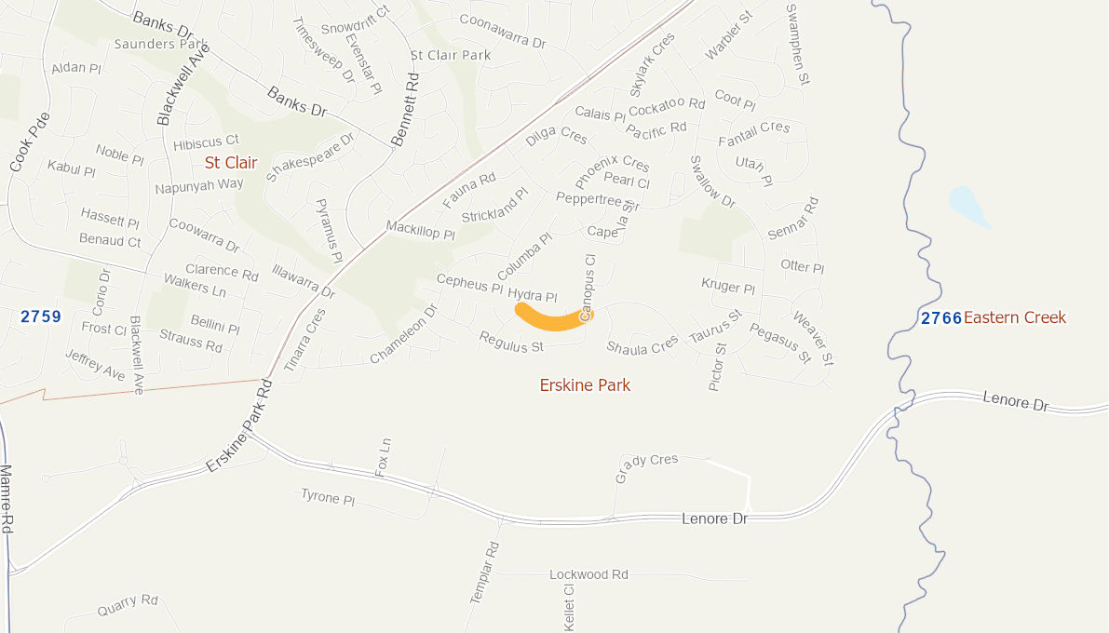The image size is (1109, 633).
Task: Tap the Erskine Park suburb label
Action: pyautogui.click(x=585, y=384)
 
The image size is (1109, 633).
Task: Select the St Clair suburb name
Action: pyautogui.click(x=231, y=163)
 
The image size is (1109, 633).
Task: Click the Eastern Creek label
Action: pyautogui.click(x=1014, y=317)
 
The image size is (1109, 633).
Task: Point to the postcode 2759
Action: pyautogui.click(x=41, y=316)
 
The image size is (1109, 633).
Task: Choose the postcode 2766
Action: pyautogui.click(x=940, y=318)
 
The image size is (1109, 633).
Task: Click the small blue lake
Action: pyautogui.click(x=967, y=206)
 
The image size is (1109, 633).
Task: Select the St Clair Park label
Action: pyautogui.click(x=451, y=55)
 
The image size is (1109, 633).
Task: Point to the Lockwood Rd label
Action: pyautogui.click(x=588, y=574)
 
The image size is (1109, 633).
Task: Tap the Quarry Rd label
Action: pyautogui.click(x=128, y=605)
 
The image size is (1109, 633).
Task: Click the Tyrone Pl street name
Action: pyautogui.click(x=328, y=497)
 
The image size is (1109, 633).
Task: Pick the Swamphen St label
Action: pyautogui.click(x=797, y=45)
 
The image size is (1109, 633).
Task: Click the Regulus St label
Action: pyautogui.click(x=511, y=342)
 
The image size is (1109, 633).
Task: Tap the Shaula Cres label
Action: pyautogui.click(x=642, y=346)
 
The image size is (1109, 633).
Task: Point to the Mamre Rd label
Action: pyautogui.click(x=6, y=499)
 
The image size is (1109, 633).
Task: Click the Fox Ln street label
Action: pyautogui.click(x=383, y=457)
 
